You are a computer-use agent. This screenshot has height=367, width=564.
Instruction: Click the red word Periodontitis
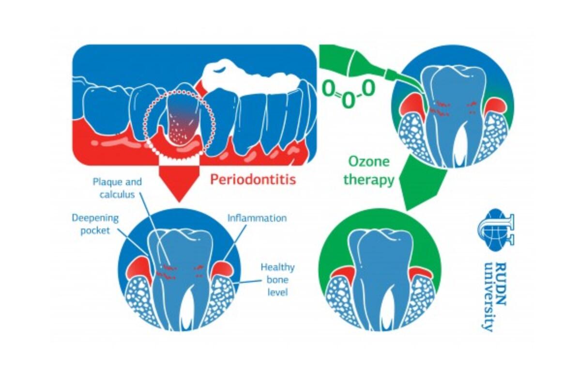pyautogui.click(x=252, y=180)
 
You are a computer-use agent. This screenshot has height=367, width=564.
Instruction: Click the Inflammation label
pyautogui.click(x=257, y=218)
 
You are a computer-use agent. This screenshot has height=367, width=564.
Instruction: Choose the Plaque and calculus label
pyautogui.click(x=118, y=188)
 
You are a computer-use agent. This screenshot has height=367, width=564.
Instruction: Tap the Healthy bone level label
pyautogui.click(x=277, y=279)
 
